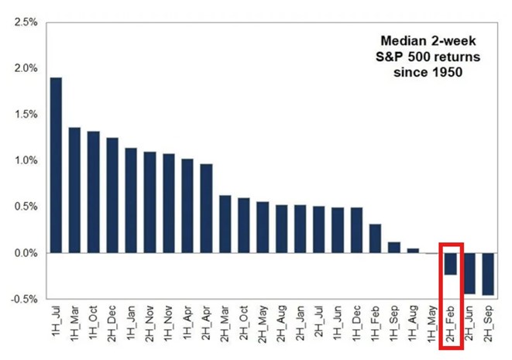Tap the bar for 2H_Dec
113,195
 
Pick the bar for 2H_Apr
207,208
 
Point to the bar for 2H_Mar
225,224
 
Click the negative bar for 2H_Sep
488,273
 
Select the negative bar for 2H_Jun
469,273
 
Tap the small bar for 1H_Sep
394,248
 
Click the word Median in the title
402,40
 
